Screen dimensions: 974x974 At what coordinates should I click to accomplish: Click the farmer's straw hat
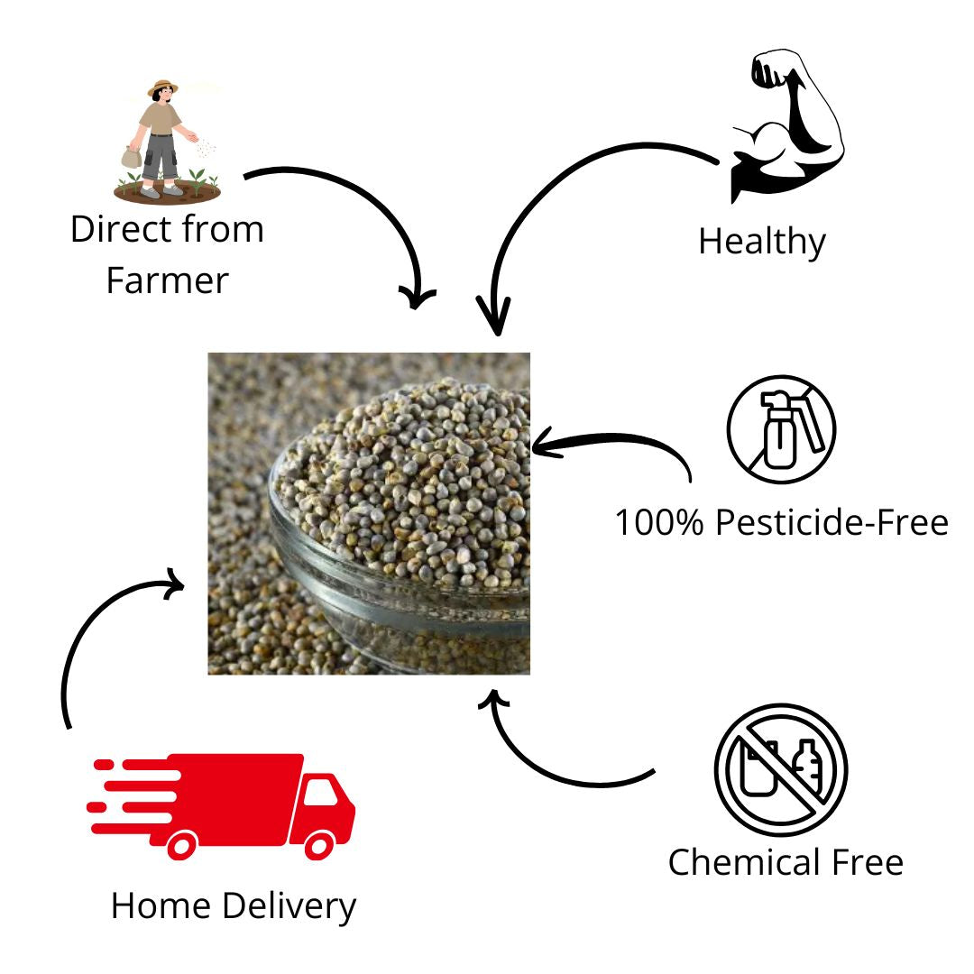click(162, 87)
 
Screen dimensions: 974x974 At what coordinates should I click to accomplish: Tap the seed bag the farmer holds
click(131, 157)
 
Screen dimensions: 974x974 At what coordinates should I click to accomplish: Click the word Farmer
click(168, 280)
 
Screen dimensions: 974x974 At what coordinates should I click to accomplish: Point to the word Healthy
click(762, 243)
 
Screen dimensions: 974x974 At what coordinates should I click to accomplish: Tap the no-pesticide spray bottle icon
click(781, 429)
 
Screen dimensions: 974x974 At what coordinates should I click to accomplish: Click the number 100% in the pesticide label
click(659, 522)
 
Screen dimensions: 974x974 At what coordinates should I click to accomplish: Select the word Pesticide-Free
click(832, 522)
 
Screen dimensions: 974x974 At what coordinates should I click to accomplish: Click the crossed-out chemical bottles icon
click(781, 769)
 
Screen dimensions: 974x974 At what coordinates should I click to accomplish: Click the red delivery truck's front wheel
click(319, 845)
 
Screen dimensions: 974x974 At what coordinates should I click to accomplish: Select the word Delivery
click(289, 906)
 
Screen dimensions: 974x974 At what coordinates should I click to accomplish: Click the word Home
click(161, 905)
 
